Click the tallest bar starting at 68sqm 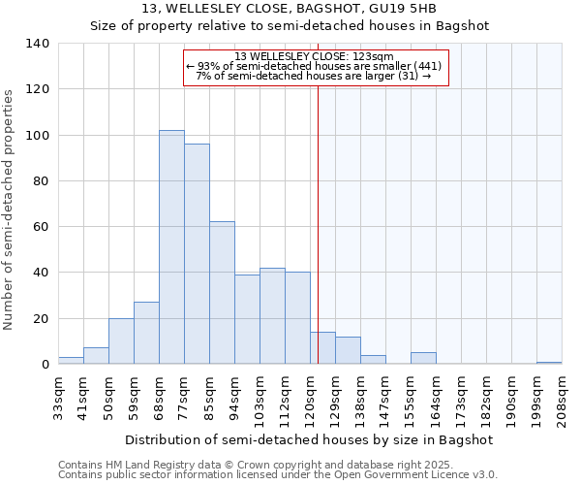point(171,247)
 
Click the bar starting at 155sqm point(423,358)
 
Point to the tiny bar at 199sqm point(549,363)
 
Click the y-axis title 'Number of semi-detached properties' point(10,209)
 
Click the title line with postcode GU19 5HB point(290,9)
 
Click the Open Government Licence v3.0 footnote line point(278,475)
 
